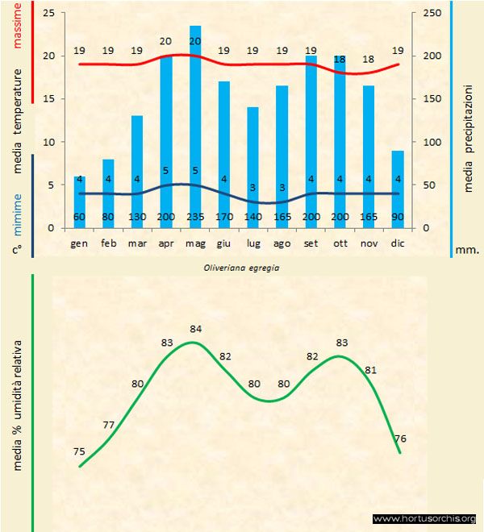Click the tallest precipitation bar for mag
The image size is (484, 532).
(x=195, y=121)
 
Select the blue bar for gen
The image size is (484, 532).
(x=79, y=202)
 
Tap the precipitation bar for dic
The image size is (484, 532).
(x=397, y=185)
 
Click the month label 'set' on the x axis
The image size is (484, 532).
(x=311, y=243)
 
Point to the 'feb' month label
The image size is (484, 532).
(x=108, y=243)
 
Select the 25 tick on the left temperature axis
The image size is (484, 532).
(x=48, y=14)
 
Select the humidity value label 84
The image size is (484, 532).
(x=195, y=329)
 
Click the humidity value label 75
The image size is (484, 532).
(x=79, y=451)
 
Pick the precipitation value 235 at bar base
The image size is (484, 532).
(x=195, y=218)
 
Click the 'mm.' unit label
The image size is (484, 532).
(x=467, y=250)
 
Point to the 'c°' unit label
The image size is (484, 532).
(x=16, y=250)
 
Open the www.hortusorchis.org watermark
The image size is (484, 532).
(x=425, y=518)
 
